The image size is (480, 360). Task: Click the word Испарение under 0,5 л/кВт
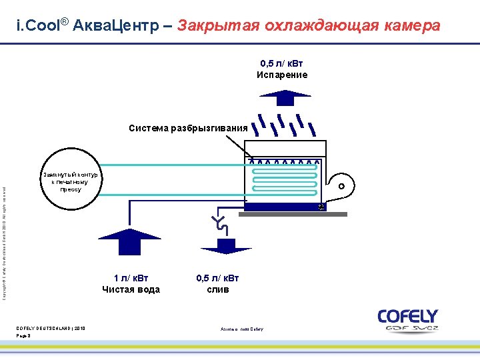[282, 75]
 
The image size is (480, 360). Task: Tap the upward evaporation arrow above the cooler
[285, 97]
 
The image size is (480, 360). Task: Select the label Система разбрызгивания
[188, 128]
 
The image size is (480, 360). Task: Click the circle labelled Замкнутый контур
[70, 179]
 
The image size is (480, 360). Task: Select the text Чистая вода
[131, 289]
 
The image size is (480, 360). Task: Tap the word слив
[218, 289]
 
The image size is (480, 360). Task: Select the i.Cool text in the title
[39, 26]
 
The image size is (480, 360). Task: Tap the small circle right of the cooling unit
[341, 186]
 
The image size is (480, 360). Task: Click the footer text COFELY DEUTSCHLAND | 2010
[51, 328]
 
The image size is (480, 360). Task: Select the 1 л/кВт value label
[131, 278]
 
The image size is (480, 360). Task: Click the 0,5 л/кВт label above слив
[218, 278]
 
